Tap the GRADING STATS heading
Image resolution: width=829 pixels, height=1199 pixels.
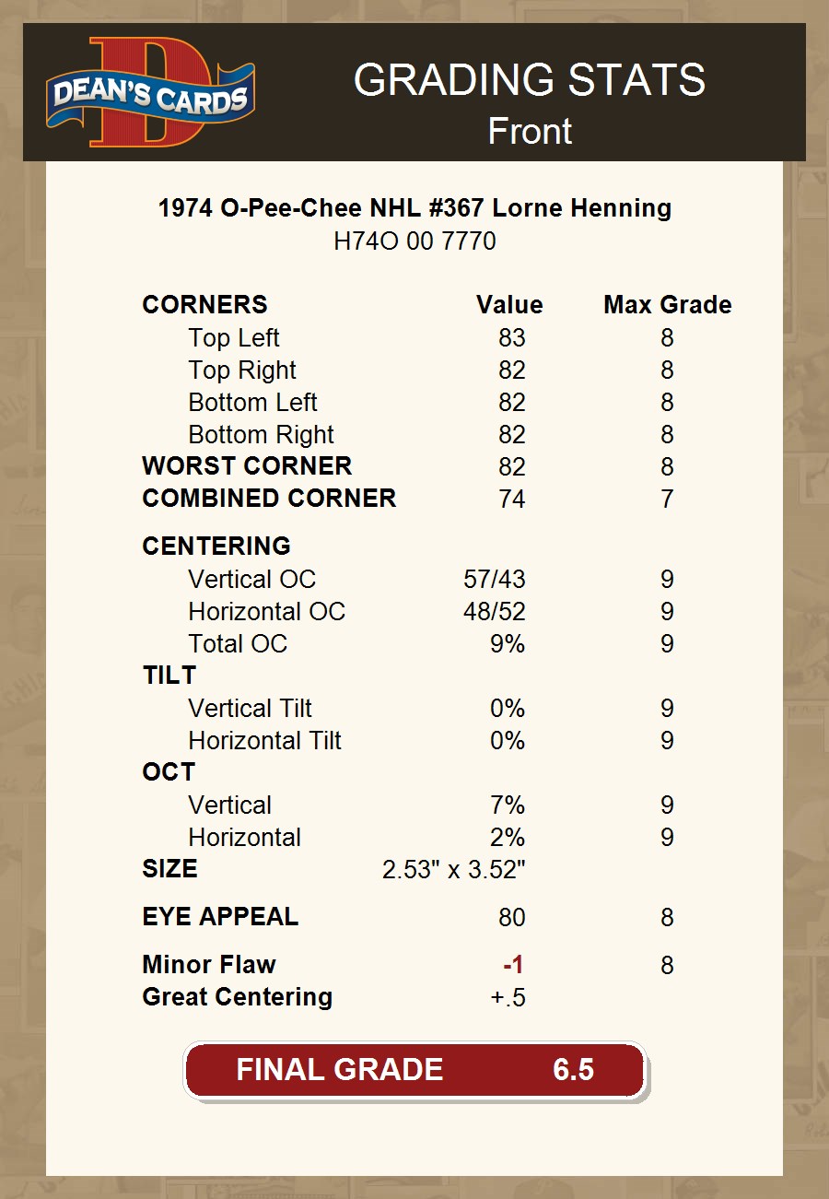coord(529,80)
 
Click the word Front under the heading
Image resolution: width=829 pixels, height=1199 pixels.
coord(530,131)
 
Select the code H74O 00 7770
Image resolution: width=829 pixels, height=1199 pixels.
coord(414,241)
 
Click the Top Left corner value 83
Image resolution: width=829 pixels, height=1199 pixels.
coord(511,338)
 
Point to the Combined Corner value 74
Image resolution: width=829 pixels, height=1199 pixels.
coord(511,500)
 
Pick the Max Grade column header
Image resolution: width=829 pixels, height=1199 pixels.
coord(667,305)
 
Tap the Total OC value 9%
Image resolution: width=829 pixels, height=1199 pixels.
coord(507,644)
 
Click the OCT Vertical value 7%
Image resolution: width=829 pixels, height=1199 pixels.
coord(507,805)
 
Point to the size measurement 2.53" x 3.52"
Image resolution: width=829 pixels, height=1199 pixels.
coord(453,870)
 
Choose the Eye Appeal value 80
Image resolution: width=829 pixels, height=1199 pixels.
coord(511,918)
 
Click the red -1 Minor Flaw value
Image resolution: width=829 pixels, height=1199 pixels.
coord(513,965)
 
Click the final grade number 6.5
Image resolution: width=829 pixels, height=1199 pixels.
coord(573,1070)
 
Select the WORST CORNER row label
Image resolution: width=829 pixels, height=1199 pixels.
coord(247,466)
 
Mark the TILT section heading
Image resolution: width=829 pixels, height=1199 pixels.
coord(169,676)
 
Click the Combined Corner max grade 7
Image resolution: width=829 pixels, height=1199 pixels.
coord(667,500)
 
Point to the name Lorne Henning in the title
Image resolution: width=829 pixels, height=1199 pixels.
coord(581,208)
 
